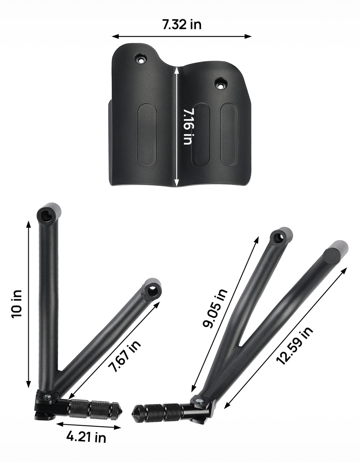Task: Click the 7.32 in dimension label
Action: (x=182, y=25)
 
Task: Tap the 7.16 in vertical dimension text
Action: (x=188, y=127)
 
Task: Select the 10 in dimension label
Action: (x=17, y=304)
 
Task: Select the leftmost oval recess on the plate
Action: (x=147, y=135)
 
